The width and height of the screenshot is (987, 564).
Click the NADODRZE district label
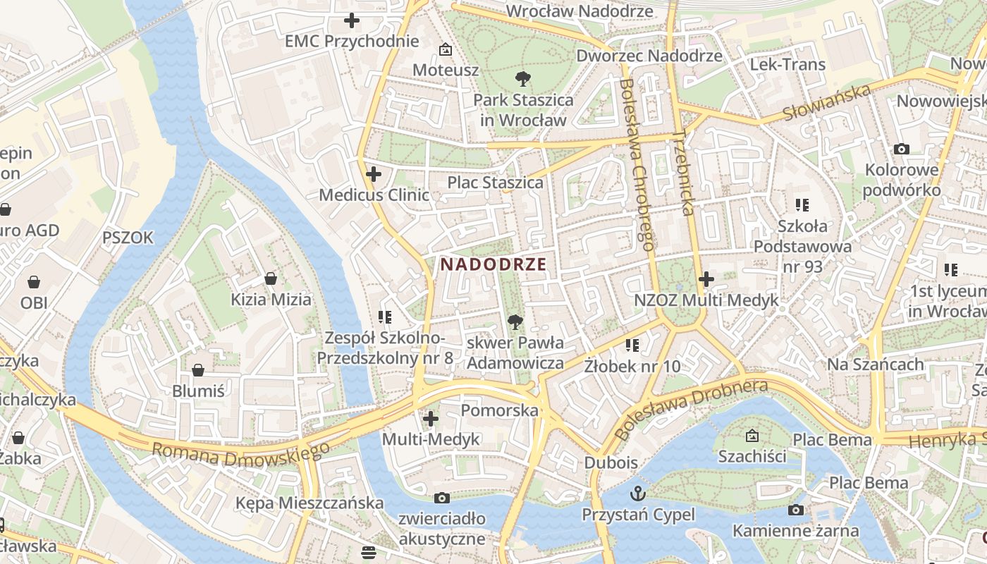493,264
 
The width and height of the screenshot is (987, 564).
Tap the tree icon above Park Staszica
522,78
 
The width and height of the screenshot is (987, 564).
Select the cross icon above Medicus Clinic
374,174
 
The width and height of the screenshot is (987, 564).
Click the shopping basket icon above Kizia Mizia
270,278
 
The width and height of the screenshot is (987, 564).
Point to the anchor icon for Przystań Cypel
638,493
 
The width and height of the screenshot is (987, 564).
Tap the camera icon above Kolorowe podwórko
901,149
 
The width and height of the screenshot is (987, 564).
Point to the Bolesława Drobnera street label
690,410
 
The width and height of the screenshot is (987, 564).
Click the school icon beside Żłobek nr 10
632,345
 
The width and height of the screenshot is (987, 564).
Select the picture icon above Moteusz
445,49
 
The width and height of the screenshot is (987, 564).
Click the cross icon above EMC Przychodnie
351,20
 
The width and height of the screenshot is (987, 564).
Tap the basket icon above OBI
34,283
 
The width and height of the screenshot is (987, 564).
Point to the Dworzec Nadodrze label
649,56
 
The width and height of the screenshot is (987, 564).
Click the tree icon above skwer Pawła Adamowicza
515,322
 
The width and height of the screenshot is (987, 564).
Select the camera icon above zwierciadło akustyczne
442,498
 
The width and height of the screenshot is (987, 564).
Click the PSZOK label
128,238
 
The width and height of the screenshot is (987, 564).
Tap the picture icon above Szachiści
752,436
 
